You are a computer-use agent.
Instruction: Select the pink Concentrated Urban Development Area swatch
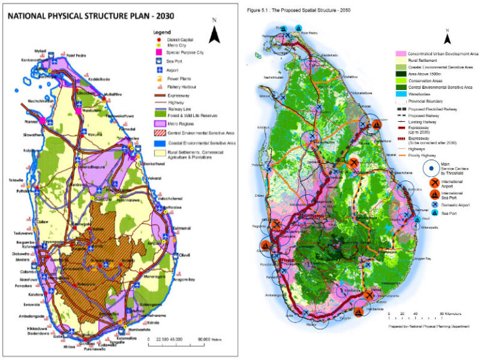[x=402, y=54]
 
